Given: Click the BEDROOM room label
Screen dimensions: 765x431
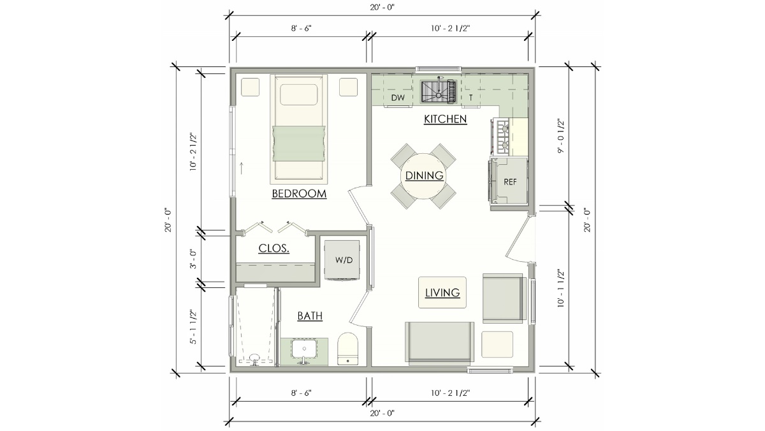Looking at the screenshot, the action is tap(299, 193).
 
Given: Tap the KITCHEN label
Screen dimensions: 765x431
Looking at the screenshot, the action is tap(446, 119).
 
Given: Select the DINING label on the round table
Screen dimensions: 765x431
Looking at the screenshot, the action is tap(424, 176).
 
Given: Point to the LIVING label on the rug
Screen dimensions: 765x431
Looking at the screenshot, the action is tap(442, 292).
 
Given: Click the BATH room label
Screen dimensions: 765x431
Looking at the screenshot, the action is tap(310, 315).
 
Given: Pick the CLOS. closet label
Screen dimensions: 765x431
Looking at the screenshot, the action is tap(274, 248).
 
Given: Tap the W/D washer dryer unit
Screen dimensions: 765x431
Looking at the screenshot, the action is tap(342, 261).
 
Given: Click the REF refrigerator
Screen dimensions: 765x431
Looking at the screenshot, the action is tap(509, 181).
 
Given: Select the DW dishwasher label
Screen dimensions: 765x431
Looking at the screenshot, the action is tap(398, 98).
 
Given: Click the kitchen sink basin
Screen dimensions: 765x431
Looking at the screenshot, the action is tap(439, 92).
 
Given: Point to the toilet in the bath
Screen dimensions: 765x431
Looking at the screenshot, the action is tap(347, 349).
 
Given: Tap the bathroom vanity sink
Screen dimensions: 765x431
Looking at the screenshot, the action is tap(304, 351).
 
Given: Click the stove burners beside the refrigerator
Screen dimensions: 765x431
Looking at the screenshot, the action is tap(502, 136).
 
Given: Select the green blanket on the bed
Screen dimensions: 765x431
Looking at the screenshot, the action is tap(299, 143).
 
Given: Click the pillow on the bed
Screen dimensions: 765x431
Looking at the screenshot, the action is tap(299, 95).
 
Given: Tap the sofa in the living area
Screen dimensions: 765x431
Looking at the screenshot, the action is tap(439, 342).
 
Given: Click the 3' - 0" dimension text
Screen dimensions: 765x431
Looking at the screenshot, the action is tap(194, 259).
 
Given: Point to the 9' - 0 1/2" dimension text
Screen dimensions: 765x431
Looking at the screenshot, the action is tap(561, 136).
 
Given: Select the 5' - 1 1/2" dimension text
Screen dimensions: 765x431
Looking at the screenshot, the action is tap(194, 327).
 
